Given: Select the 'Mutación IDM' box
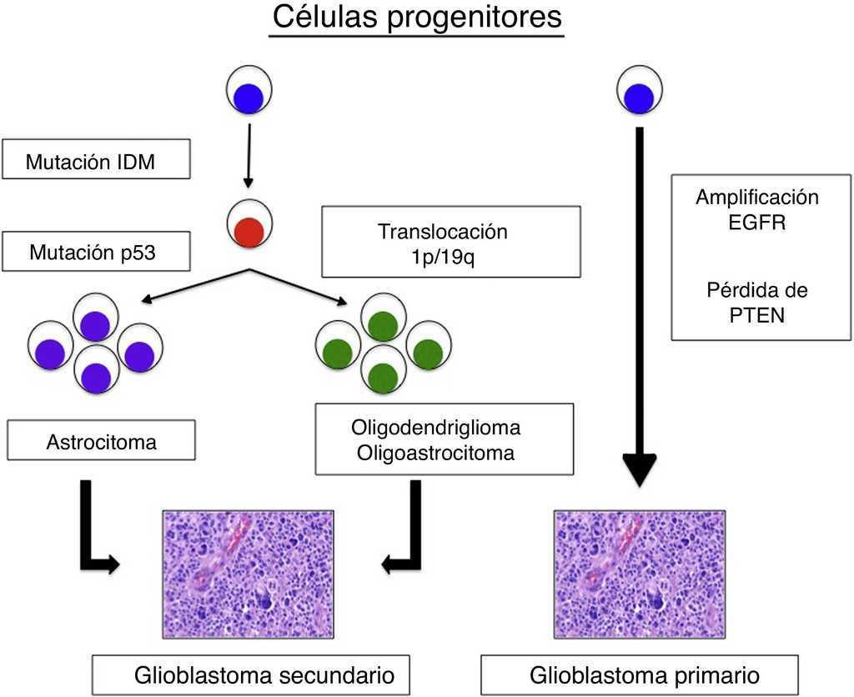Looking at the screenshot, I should click(x=96, y=160).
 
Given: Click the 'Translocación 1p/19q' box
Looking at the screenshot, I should click(x=450, y=241).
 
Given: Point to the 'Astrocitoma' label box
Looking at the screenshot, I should click(x=101, y=441).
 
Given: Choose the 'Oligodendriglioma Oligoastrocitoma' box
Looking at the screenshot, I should click(x=445, y=440).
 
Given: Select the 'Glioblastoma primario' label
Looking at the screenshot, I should click(x=639, y=674).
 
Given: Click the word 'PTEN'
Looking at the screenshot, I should click(x=757, y=316).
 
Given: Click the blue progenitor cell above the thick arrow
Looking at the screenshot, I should click(x=639, y=93).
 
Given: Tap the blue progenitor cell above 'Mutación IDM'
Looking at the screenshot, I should click(x=249, y=93).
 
